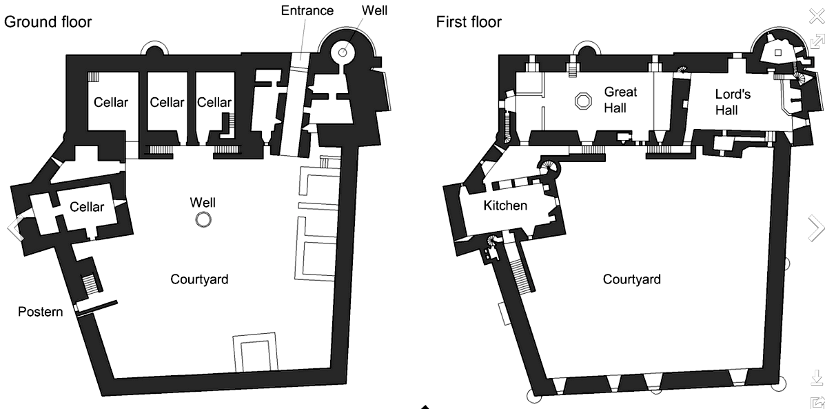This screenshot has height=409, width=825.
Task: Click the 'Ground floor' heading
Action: [x=48, y=22]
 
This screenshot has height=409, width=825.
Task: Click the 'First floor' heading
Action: [x=469, y=22]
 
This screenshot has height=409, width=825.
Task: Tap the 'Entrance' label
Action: [x=307, y=10]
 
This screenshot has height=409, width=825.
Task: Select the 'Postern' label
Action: [x=41, y=312]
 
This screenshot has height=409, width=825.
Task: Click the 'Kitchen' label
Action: [x=505, y=206]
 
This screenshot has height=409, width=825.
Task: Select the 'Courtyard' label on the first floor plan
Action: [x=631, y=279]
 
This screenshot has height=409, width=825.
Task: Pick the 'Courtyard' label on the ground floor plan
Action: [x=199, y=279]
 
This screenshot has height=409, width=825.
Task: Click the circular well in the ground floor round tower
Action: [x=343, y=52]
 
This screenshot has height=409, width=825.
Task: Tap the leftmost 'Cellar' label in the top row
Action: [x=111, y=103]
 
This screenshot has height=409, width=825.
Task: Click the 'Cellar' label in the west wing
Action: [x=86, y=207]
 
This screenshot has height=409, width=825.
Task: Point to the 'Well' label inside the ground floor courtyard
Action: [x=203, y=202]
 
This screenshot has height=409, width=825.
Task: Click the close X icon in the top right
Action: [x=817, y=17]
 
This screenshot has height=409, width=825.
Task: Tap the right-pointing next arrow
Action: [x=816, y=227]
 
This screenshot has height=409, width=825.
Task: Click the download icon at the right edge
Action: [x=817, y=377]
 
